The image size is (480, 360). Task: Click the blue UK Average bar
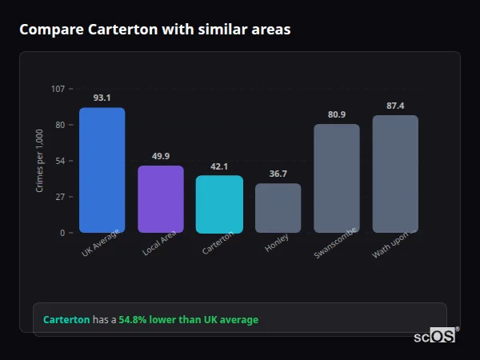click(102, 170)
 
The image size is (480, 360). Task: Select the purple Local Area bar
click(161, 199)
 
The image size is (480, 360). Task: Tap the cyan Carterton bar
click(219, 204)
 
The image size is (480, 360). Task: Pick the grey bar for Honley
click(278, 208)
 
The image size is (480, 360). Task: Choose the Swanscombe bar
click(336, 178)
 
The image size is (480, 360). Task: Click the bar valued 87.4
click(395, 174)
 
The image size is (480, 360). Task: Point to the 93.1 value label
click(102, 98)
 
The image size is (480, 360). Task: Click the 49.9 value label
click(161, 156)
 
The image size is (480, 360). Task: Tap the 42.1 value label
click(219, 166)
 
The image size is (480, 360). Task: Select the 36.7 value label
click(278, 174)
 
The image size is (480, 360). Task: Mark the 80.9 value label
click(336, 114)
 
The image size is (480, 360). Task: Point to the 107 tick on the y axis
click(58, 89)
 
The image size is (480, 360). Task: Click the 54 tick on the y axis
click(60, 161)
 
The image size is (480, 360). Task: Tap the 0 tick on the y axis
click(62, 233)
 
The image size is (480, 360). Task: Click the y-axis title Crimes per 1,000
click(40, 161)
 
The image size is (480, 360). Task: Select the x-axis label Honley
click(277, 243)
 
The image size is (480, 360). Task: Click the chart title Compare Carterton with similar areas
click(154, 30)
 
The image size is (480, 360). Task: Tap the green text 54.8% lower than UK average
click(188, 320)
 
